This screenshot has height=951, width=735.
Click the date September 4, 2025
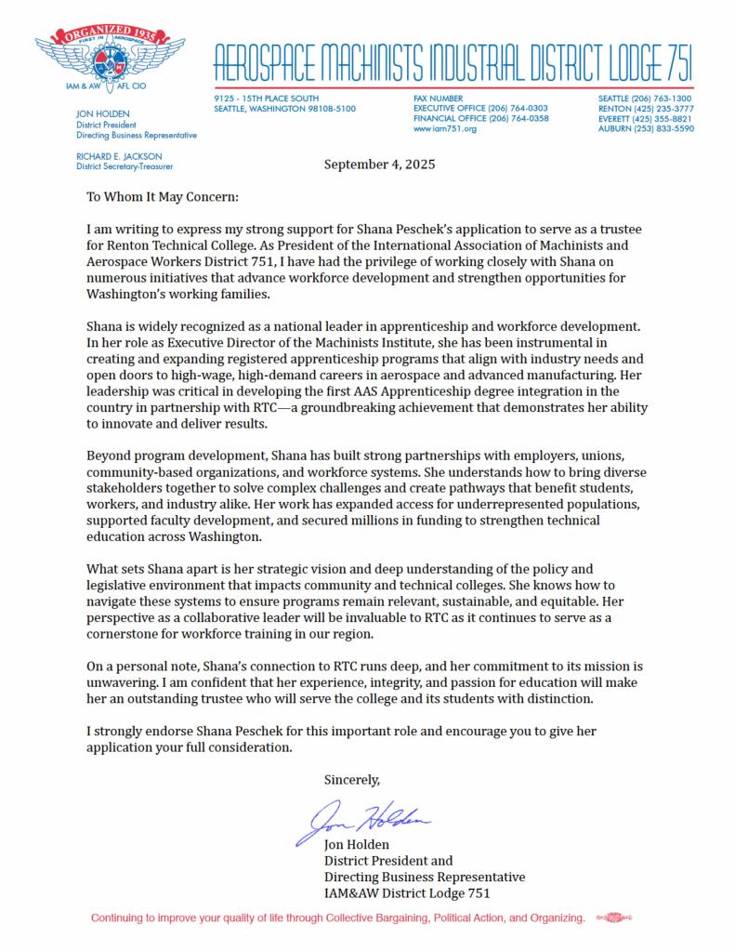[x=379, y=165]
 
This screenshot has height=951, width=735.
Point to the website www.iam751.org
[x=444, y=129]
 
